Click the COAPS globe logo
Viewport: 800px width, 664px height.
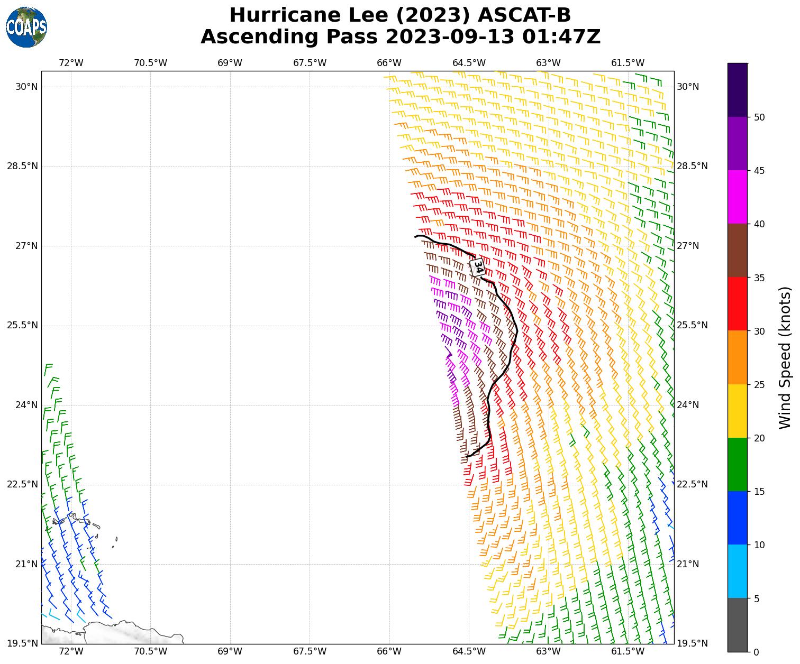[26, 27]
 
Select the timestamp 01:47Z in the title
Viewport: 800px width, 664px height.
[561, 37]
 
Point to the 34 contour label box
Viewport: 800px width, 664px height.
[477, 266]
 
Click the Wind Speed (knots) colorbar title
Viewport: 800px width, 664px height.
[785, 358]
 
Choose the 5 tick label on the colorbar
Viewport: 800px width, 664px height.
[757, 598]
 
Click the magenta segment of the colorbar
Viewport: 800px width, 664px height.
[738, 197]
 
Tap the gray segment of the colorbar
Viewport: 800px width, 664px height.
[738, 625]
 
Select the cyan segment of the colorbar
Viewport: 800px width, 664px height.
[738, 571]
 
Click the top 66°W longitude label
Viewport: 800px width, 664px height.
[389, 63]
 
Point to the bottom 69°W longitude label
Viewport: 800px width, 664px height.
[230, 651]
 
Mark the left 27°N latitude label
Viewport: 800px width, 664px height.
[22, 246]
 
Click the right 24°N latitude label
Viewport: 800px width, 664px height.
[688, 405]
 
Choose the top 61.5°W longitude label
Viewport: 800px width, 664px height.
[628, 63]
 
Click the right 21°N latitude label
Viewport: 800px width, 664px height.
[688, 564]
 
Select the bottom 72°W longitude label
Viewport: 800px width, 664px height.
[71, 651]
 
